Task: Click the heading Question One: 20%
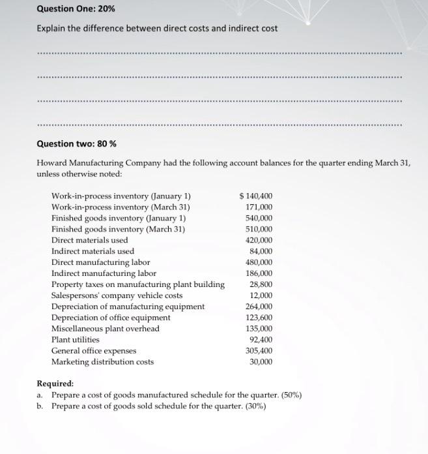point(72,8)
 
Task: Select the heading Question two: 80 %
point(76,144)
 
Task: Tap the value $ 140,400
point(256,196)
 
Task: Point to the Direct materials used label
point(90,240)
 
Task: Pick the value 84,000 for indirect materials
point(261,251)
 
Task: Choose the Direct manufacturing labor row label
point(100,262)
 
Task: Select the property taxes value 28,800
point(261,284)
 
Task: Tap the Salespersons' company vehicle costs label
point(117,295)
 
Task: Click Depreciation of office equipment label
point(111,318)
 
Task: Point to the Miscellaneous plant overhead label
point(106,329)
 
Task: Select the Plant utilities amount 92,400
point(261,340)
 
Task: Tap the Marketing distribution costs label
point(102,362)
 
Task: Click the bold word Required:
point(55,384)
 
